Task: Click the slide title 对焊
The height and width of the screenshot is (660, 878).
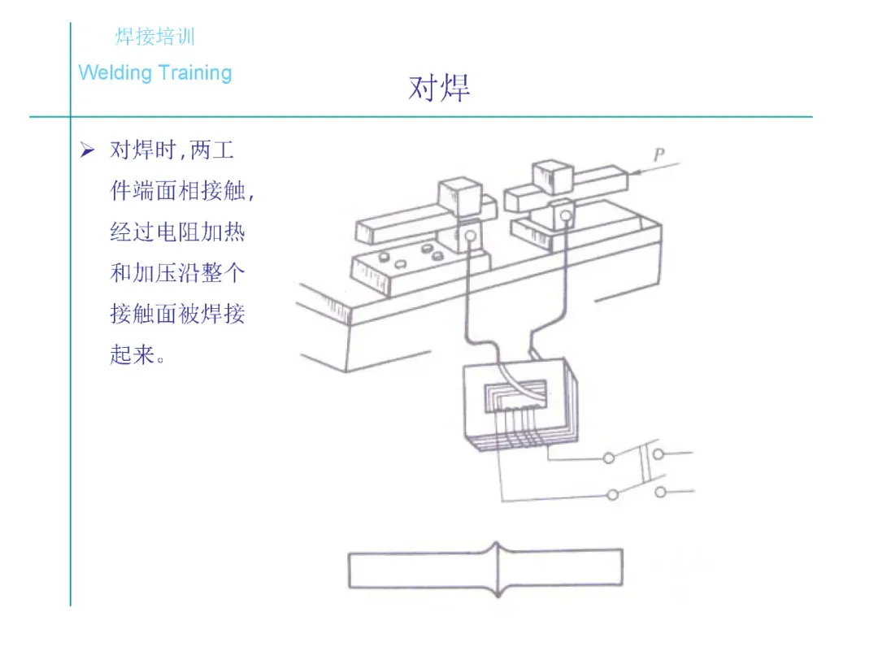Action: (x=439, y=88)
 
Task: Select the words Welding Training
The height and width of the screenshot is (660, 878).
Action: (x=155, y=72)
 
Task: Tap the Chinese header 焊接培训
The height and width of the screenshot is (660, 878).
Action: (x=154, y=37)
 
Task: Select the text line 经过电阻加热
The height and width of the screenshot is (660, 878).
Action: (x=177, y=233)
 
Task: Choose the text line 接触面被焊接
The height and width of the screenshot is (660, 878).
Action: (x=177, y=315)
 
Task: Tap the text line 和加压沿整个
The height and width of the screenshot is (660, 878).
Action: (x=177, y=274)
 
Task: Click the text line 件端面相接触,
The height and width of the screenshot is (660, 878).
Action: (x=182, y=193)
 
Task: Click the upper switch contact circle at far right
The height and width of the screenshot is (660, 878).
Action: (x=659, y=454)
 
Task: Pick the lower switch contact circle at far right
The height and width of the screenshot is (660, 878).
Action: (x=660, y=491)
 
